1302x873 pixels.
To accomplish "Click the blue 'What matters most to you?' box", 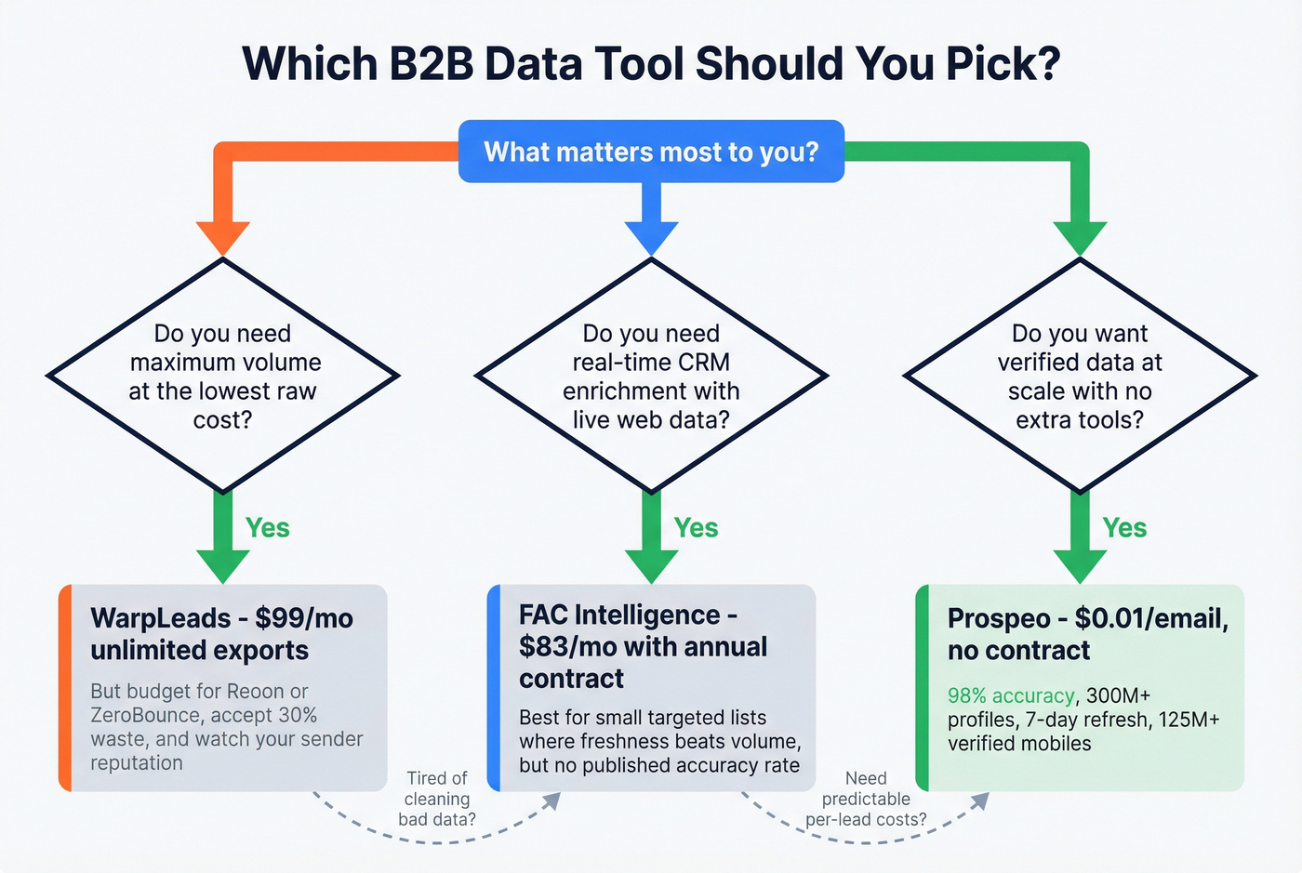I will point(651,152).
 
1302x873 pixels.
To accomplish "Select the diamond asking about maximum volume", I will point(223,376).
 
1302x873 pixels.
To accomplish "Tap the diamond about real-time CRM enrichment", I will point(651,376).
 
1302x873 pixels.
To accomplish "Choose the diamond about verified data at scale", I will point(1080,376).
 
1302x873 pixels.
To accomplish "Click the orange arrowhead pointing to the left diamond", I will point(223,238).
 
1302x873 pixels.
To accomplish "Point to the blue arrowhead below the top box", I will point(651,238).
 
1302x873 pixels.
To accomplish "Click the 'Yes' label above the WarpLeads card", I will point(268,528).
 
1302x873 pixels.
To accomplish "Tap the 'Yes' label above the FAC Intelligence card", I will point(697,528).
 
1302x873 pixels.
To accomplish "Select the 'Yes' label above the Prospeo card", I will point(1125,528).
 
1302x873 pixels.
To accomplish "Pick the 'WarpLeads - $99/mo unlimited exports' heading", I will point(221,634).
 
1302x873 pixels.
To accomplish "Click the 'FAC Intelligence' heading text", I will point(619,615).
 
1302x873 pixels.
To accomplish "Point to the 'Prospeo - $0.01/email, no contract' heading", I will point(1087,634).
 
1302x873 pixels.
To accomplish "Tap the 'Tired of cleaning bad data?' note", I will point(437,799).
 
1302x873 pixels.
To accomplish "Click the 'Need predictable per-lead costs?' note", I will point(866,799).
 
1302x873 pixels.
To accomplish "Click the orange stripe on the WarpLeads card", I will point(65,688).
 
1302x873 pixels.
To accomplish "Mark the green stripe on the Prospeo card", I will point(923,688).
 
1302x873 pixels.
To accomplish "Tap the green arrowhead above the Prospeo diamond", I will point(1080,238).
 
